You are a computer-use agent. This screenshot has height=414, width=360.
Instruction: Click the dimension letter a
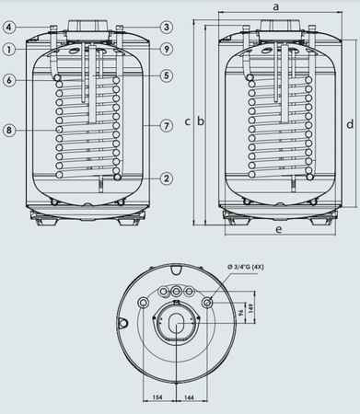click(274, 6)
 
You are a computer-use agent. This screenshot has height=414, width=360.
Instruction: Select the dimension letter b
click(201, 121)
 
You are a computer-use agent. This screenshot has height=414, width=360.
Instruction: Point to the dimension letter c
click(187, 121)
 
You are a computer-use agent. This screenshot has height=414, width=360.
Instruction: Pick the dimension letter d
click(351, 122)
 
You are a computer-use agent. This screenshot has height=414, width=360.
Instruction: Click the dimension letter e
click(275, 227)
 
